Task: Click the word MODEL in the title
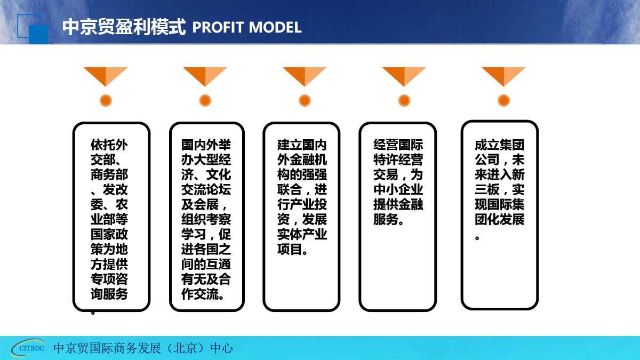[x=275, y=27]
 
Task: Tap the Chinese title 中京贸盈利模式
[x=124, y=27]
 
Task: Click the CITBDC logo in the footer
[x=28, y=348]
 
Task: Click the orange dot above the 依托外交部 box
[x=106, y=101]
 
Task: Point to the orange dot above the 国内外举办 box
[x=205, y=101]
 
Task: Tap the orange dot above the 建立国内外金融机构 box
[x=305, y=101]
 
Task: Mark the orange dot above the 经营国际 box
[x=404, y=101]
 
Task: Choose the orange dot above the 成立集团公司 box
[x=503, y=101]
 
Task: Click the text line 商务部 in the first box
[x=109, y=174]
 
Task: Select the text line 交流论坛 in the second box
[x=206, y=189]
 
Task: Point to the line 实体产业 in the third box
[x=302, y=234]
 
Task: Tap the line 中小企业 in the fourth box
[x=398, y=189]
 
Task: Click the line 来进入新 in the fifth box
[x=500, y=174]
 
